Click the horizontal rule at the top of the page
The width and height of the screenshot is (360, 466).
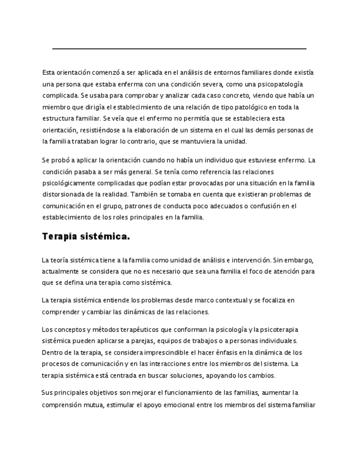179,49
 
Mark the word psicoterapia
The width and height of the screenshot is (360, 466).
278,329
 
